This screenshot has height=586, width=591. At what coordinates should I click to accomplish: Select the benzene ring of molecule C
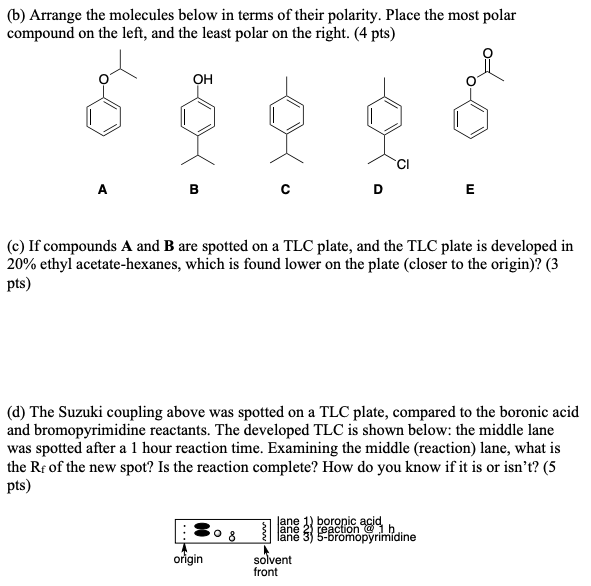pyautogui.click(x=288, y=117)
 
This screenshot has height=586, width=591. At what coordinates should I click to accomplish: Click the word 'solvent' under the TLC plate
pyautogui.click(x=271, y=560)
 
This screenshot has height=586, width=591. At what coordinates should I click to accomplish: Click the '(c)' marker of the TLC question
pyautogui.click(x=17, y=244)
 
